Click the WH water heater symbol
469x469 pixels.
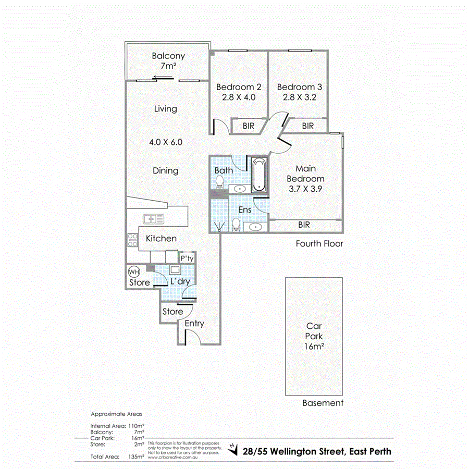[133, 272]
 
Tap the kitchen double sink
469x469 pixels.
[154, 218]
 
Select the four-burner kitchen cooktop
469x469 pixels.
[131, 239]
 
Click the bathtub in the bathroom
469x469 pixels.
[259, 176]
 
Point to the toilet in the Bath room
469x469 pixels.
[220, 182]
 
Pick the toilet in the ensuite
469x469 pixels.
[236, 224]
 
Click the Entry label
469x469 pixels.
[194, 324]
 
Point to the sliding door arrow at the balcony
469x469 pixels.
[163, 79]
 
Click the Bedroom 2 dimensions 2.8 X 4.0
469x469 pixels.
[236, 97]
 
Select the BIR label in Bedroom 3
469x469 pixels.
[308, 126]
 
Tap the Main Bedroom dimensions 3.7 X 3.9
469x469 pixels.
[305, 190]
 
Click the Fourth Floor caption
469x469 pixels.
[319, 243]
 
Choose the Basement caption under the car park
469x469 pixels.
[323, 403]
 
